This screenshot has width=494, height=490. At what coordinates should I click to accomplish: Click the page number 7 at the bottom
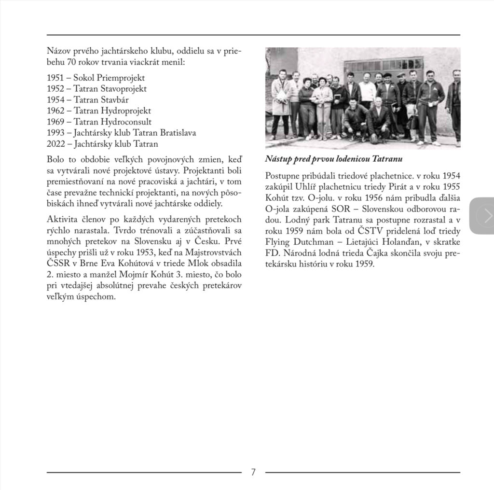pyautogui.click(x=253, y=472)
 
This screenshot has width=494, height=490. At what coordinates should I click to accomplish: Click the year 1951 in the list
pyautogui.click(x=55, y=77)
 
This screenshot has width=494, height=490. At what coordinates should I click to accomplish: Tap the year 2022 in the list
pyautogui.click(x=55, y=144)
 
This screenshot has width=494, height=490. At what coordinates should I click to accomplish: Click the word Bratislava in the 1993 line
pyautogui.click(x=177, y=133)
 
